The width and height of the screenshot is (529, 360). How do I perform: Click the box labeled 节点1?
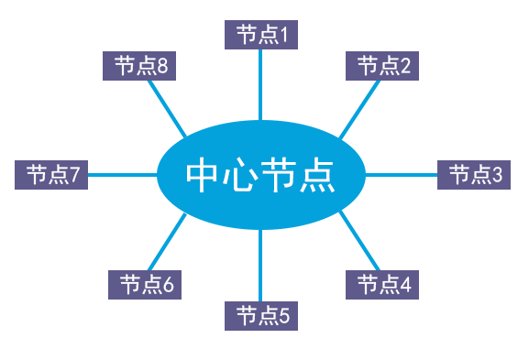(x=261, y=35)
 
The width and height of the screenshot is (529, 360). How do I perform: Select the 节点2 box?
(x=382, y=65)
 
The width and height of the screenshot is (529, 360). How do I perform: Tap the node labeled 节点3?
(x=473, y=174)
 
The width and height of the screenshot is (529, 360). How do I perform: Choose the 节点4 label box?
(x=382, y=285)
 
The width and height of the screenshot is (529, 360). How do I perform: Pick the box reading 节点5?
(x=261, y=316)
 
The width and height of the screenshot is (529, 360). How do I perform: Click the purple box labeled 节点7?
(x=51, y=174)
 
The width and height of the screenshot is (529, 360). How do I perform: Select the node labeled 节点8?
(x=139, y=65)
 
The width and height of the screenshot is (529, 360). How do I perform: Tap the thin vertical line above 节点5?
(x=261, y=266)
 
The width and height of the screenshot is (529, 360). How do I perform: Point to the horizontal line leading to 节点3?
(x=401, y=174)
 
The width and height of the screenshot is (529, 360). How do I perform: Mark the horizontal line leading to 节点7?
(x=116, y=174)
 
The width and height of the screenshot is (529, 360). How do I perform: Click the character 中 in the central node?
(x=204, y=175)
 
